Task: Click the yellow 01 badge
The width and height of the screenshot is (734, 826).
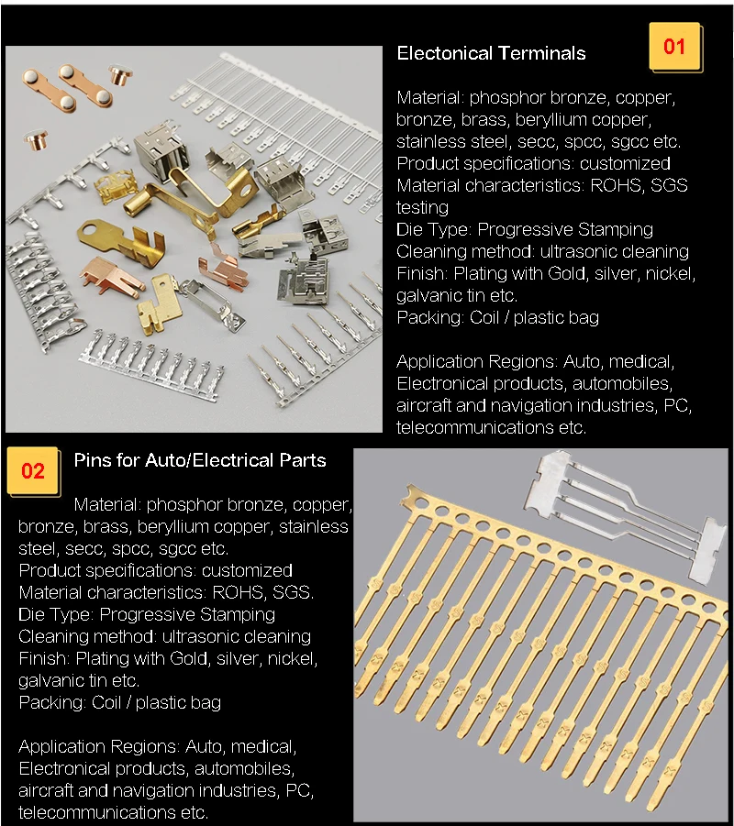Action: pos(675,47)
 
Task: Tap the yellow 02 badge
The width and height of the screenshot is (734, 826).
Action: pos(33,470)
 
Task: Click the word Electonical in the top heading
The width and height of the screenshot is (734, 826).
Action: pos(444,53)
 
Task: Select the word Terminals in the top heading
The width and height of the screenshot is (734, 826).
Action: pos(541,53)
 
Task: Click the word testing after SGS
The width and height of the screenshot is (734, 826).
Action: pos(422,207)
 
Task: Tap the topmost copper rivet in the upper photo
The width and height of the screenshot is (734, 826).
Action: pos(120,73)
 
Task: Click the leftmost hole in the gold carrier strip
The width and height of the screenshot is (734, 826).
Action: pos(421,503)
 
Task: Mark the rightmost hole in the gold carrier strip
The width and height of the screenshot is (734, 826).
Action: pos(708,608)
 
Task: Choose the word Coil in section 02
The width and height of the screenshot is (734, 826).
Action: pos(106,702)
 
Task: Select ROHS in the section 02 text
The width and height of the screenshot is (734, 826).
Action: pos(239,592)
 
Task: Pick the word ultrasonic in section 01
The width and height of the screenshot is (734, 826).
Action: pos(580,251)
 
